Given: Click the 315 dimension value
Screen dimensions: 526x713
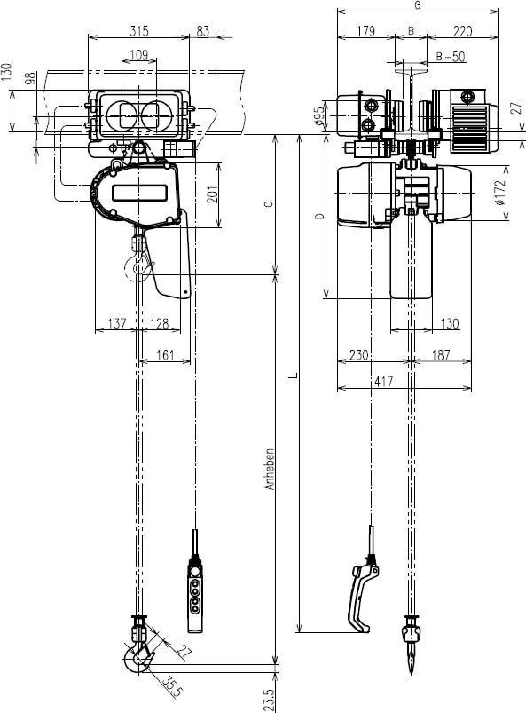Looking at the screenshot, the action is coord(139,30).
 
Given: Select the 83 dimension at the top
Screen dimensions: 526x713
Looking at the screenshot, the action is coord(203,30).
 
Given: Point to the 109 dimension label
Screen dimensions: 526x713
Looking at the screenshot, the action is coord(139,54).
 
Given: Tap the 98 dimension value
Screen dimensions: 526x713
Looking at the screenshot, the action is coord(31,78).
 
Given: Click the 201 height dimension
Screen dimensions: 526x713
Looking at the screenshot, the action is coord(213,194).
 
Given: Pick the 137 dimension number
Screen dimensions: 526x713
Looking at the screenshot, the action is coord(117,323).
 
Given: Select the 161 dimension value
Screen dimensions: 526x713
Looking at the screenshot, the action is coord(165,354).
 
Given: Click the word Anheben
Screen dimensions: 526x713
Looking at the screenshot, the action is coord(270,470).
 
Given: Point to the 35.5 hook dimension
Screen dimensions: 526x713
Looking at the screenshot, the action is coord(173,686).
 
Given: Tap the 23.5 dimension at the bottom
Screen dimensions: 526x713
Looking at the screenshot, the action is coord(269,700).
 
